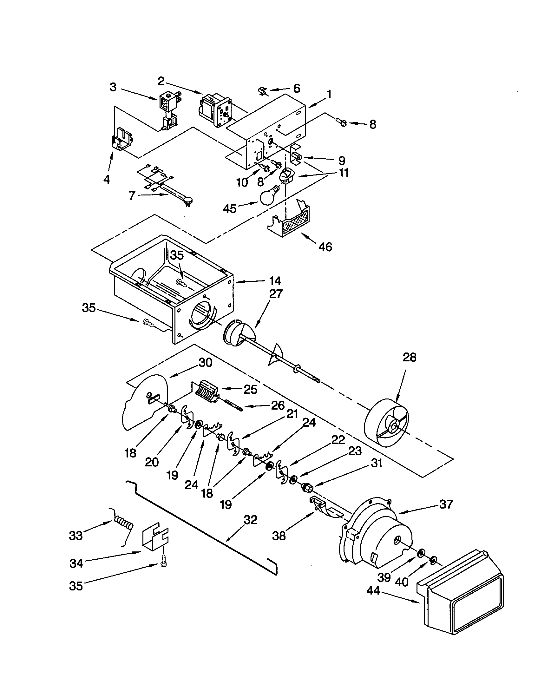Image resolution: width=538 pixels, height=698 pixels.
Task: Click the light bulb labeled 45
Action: tap(270, 196)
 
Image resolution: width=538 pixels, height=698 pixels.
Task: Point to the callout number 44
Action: tap(373, 591)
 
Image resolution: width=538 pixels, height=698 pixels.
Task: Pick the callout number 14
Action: tap(275, 281)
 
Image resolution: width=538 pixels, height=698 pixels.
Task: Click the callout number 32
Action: tap(250, 520)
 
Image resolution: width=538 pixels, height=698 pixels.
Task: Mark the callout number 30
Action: tap(206, 363)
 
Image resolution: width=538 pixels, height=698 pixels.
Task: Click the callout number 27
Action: tap(276, 293)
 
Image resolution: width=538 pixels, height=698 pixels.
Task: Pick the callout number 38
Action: tap(279, 536)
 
